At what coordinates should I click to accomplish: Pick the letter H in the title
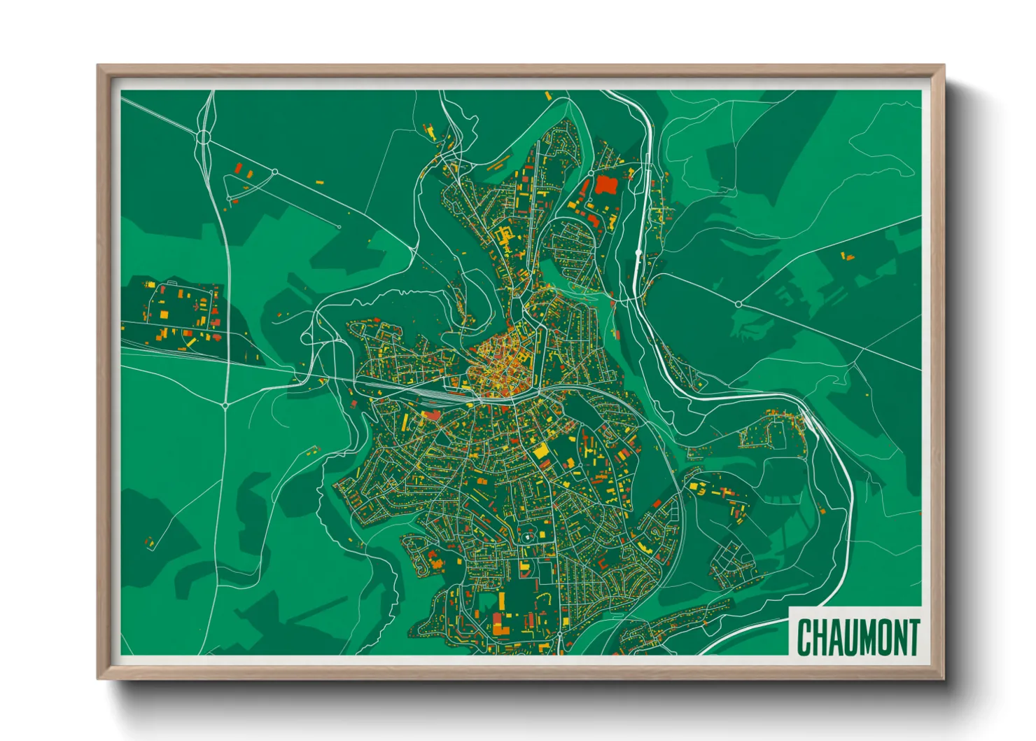[x=820, y=637]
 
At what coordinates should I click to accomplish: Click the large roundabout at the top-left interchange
[x=204, y=137]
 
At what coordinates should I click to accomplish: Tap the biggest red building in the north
[x=605, y=186]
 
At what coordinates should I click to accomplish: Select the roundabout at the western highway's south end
[x=225, y=405]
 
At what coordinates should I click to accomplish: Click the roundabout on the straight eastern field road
[x=738, y=304]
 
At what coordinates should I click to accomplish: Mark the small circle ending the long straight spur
[x=339, y=226]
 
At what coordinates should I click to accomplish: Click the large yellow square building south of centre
[x=541, y=451]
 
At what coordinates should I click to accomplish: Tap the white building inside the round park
[x=526, y=537]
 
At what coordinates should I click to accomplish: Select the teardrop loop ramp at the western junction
[x=307, y=338]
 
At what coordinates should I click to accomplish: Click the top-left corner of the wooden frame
[x=99, y=67]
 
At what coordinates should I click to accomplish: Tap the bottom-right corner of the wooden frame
[x=943, y=677]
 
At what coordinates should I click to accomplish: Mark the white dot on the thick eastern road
[x=638, y=251]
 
